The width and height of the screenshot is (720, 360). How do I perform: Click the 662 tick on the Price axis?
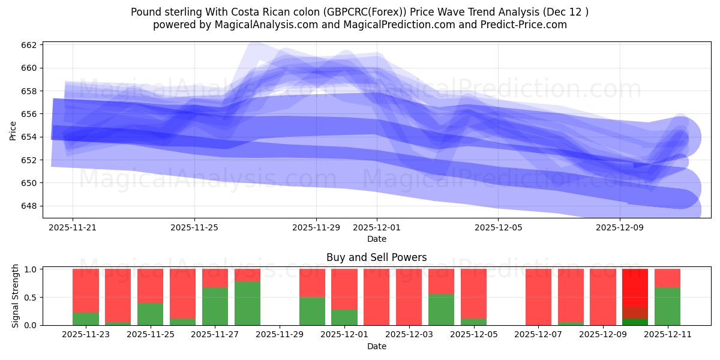coord(29,45)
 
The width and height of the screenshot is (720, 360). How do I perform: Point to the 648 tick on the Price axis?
coord(29,206)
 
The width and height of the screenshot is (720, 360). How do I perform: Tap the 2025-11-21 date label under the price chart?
coord(73,228)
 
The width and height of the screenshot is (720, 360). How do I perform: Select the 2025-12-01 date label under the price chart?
coord(377,228)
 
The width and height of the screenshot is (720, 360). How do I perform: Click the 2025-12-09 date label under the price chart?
coord(620,228)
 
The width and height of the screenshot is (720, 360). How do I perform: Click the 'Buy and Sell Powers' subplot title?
coord(376,257)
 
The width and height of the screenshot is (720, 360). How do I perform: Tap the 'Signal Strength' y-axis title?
coord(16,296)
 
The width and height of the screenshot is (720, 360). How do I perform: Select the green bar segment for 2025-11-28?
coord(247,303)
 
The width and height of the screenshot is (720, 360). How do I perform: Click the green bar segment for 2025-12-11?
coord(667,306)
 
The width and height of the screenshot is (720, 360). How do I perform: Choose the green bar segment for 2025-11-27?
coord(215,306)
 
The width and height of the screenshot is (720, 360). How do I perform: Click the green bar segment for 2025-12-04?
coord(441,310)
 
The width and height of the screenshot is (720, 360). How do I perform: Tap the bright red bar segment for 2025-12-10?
coord(635,287)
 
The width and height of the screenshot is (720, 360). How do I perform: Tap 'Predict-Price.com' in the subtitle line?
coord(526,25)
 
